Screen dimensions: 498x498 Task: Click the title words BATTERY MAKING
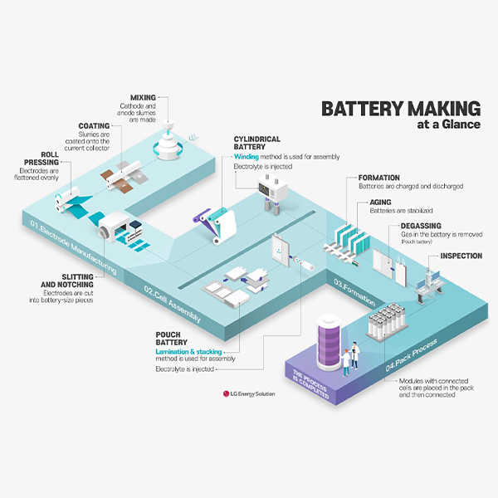(x=401, y=110)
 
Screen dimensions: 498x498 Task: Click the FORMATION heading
(x=378, y=178)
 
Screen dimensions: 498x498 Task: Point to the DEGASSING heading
(x=421, y=225)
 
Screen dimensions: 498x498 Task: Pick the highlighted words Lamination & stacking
(x=189, y=352)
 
